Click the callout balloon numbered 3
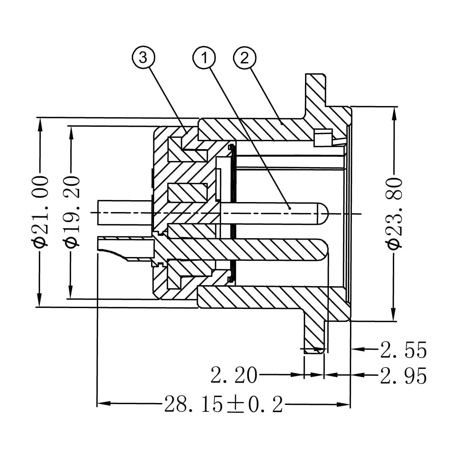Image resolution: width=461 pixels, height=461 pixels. click(x=143, y=58)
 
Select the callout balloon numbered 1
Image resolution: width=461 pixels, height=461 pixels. click(x=204, y=58)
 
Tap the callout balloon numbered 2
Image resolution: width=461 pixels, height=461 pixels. click(x=245, y=58)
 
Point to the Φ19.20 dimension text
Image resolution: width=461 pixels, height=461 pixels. click(x=72, y=211)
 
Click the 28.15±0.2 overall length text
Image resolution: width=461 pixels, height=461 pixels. click(x=224, y=404)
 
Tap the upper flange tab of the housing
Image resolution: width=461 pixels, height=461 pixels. click(x=315, y=88)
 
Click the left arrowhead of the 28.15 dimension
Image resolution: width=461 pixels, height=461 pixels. click(x=102, y=404)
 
